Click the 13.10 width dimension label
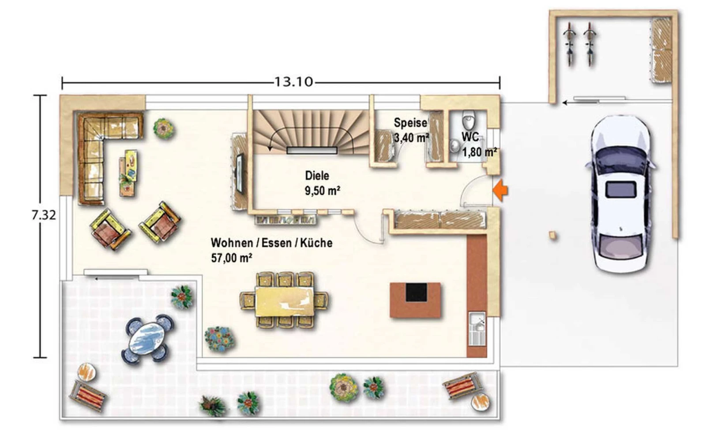[x=294, y=82]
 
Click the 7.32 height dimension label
[x=44, y=215]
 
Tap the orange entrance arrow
[x=500, y=191]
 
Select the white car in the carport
[x=620, y=194]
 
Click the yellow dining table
[x=285, y=301]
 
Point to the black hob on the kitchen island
[x=417, y=292]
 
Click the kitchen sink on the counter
[x=477, y=329]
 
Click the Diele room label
[x=317, y=175]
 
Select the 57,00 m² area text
[x=232, y=258]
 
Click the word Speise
[x=410, y=123]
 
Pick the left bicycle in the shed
[x=570, y=44]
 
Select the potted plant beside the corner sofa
[x=164, y=128]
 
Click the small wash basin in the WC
[x=454, y=146]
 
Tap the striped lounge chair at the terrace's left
[x=88, y=396]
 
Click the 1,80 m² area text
[x=479, y=152]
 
